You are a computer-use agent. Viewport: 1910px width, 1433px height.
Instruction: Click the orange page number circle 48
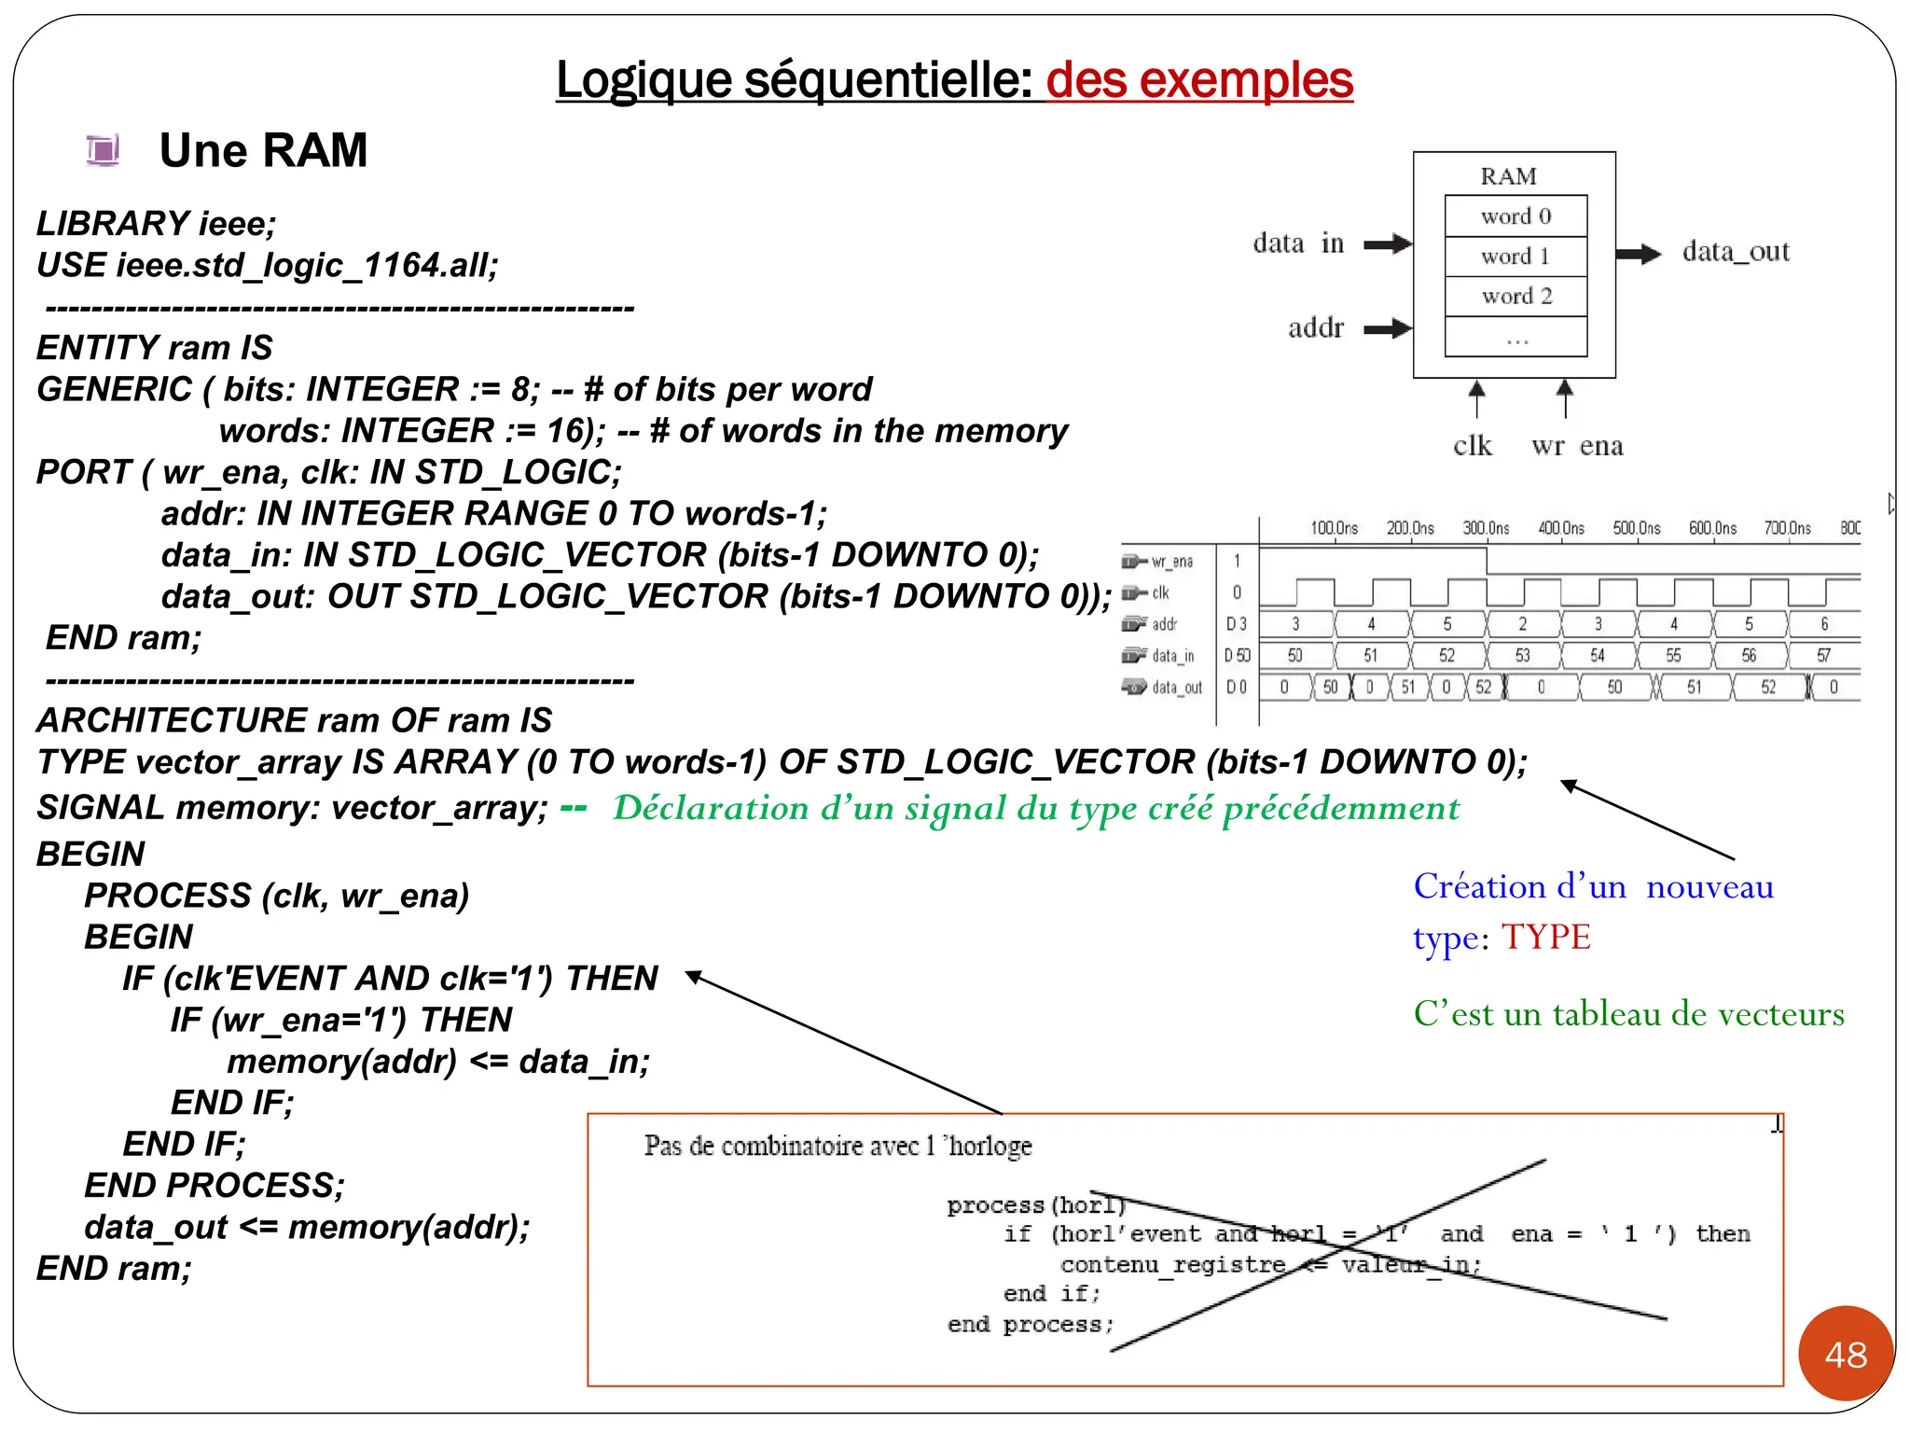(1846, 1354)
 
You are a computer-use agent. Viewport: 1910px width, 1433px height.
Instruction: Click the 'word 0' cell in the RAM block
(1516, 216)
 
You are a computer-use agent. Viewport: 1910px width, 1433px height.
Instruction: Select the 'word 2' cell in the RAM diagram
(1516, 297)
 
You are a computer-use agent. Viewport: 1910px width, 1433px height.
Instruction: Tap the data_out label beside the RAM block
(1736, 252)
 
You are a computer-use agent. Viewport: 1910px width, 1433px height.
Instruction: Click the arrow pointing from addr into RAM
(1388, 328)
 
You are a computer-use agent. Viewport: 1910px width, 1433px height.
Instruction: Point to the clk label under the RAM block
(1473, 446)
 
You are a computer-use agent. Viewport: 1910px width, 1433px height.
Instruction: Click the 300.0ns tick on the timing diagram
(1486, 528)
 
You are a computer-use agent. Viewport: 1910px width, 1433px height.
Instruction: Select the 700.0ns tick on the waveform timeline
(1787, 528)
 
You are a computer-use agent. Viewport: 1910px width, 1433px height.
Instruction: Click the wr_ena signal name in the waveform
(1171, 562)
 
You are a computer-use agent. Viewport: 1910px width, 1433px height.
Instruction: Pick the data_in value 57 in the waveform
(1823, 656)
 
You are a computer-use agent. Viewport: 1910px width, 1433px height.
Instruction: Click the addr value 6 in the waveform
(1824, 624)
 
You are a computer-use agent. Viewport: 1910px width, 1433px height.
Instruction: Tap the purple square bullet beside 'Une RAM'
(103, 150)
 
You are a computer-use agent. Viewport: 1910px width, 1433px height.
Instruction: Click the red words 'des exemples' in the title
(1199, 80)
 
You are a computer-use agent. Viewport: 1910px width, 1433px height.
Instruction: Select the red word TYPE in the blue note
(1545, 938)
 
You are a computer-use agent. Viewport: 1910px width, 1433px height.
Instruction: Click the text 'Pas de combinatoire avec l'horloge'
(837, 1146)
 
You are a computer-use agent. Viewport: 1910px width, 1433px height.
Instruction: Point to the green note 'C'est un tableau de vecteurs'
(1628, 1014)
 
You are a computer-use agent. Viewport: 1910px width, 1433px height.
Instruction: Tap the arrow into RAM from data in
(1388, 244)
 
